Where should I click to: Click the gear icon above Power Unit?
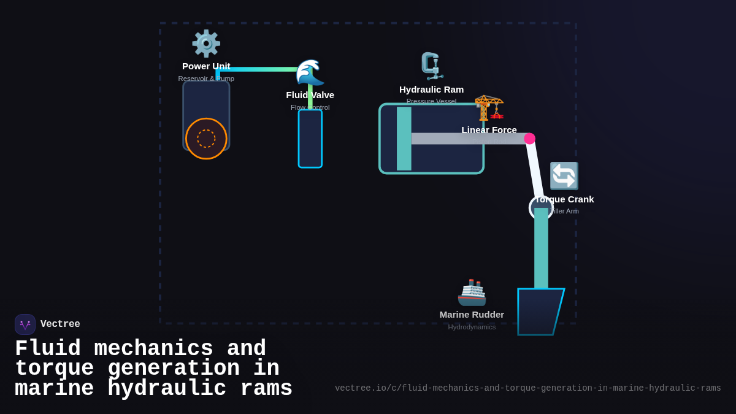point(206,44)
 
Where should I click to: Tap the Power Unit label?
point(206,66)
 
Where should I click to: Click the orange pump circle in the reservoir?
point(206,139)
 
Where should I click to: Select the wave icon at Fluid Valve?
point(310,73)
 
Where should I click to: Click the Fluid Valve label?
point(310,95)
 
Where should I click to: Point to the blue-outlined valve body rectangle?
point(310,139)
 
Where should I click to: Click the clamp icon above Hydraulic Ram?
point(432,66)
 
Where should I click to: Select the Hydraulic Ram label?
point(431,90)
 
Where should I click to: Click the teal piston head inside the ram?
point(404,139)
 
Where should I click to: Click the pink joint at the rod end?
point(529,139)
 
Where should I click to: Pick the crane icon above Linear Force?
point(489,108)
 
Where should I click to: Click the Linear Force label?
point(489,130)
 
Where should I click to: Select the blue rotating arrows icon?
point(564,176)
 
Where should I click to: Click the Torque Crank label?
point(565,199)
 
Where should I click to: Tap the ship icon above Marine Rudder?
point(472,293)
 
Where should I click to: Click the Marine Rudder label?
point(472,315)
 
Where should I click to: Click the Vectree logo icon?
point(25,324)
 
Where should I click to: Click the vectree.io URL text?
point(527,388)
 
